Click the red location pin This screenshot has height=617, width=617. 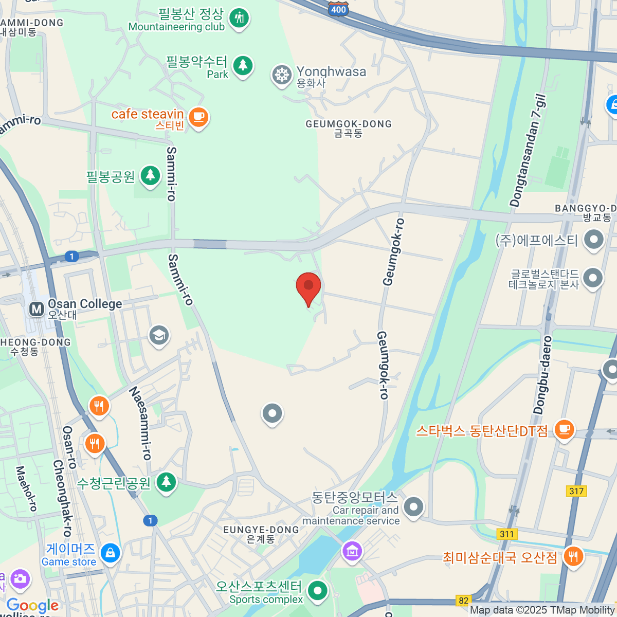coord(308,287)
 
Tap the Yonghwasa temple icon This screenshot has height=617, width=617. coord(282,75)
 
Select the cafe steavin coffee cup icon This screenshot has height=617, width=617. coord(198,117)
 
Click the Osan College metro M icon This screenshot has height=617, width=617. coord(37,309)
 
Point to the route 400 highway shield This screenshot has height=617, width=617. coord(338,9)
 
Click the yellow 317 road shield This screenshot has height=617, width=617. coord(576,491)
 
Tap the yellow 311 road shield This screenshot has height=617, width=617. coord(507,534)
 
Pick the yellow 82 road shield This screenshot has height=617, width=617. coord(464,601)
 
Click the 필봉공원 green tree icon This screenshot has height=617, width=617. coord(150,175)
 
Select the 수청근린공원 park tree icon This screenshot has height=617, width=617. coord(166,482)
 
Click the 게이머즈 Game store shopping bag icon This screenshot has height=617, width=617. coord(111,553)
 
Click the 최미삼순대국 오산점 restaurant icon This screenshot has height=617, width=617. coord(572,556)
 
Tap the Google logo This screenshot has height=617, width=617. coord(32,605)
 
